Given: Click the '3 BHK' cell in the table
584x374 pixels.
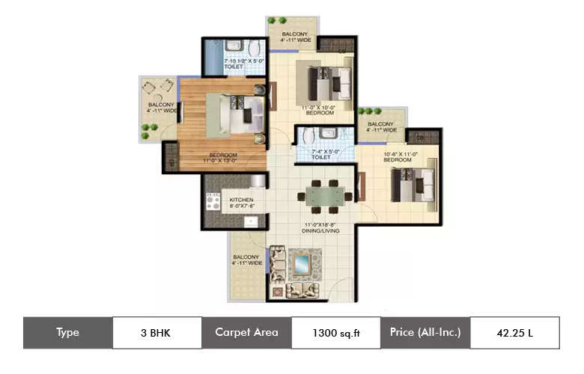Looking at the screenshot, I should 157,333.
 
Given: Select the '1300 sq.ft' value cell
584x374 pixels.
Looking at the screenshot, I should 335,333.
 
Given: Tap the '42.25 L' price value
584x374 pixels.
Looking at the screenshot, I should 514,333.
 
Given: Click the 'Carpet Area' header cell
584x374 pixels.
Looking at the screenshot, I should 246,333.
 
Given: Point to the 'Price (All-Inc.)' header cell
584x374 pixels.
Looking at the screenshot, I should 425,333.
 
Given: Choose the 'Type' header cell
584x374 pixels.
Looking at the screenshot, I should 67,333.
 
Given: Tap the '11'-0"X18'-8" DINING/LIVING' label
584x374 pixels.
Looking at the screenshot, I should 323,227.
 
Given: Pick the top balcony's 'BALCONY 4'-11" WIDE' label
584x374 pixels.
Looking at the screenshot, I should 293,38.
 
